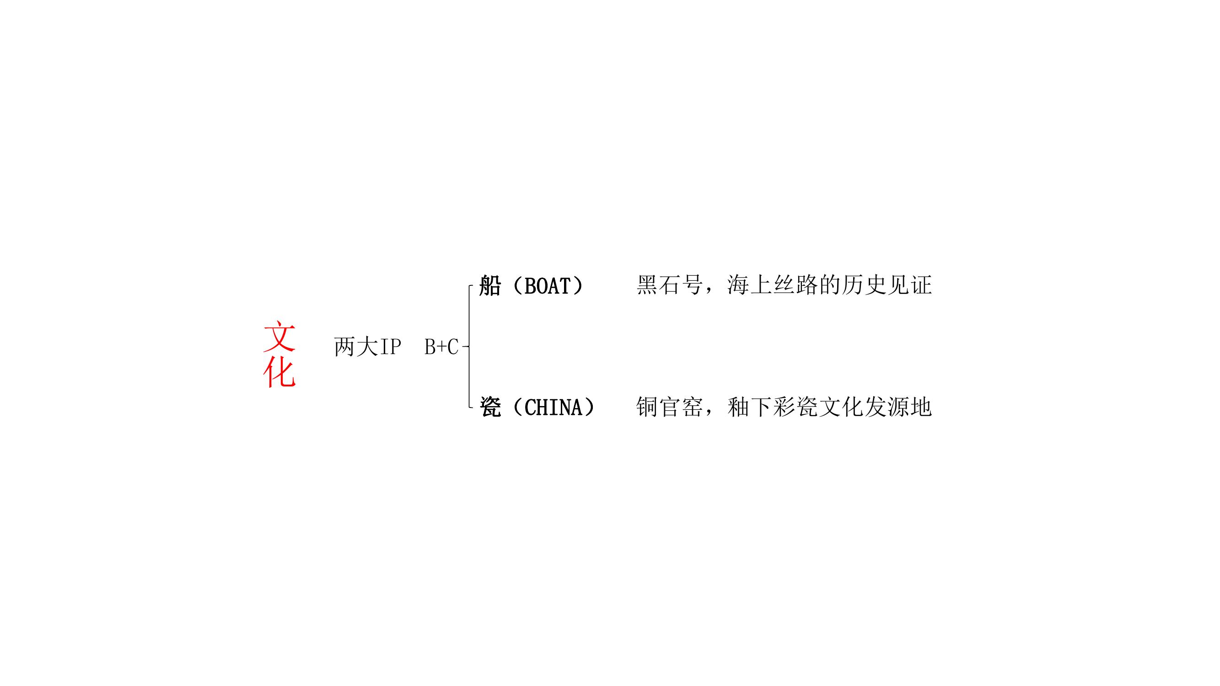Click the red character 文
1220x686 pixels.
click(x=279, y=337)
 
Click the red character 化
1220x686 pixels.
click(x=279, y=374)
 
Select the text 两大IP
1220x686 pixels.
click(x=367, y=347)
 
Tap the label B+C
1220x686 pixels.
click(x=441, y=347)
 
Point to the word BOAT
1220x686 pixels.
click(x=547, y=286)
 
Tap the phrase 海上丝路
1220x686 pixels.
click(x=773, y=285)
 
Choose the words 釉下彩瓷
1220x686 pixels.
click(x=773, y=407)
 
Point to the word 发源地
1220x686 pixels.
click(x=898, y=407)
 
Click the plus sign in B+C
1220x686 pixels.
click(x=441, y=348)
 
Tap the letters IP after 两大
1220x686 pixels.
click(x=390, y=347)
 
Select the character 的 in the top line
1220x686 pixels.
click(x=829, y=285)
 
